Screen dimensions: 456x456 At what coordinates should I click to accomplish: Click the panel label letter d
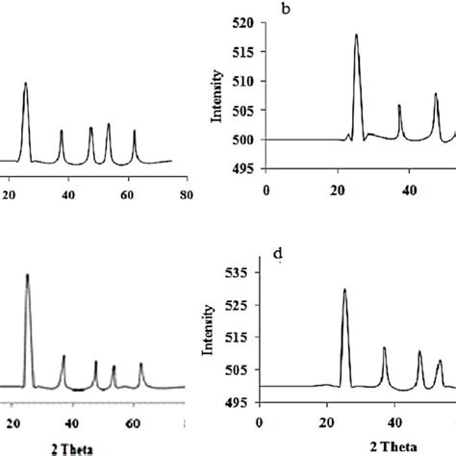[x=278, y=254]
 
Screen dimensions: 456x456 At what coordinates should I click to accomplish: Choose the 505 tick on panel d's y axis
[x=239, y=369]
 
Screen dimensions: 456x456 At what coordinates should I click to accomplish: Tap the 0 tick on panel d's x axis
[x=260, y=420]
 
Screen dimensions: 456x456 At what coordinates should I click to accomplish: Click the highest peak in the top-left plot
[x=25, y=84]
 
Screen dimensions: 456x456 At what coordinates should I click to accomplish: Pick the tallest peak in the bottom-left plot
[x=27, y=275]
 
